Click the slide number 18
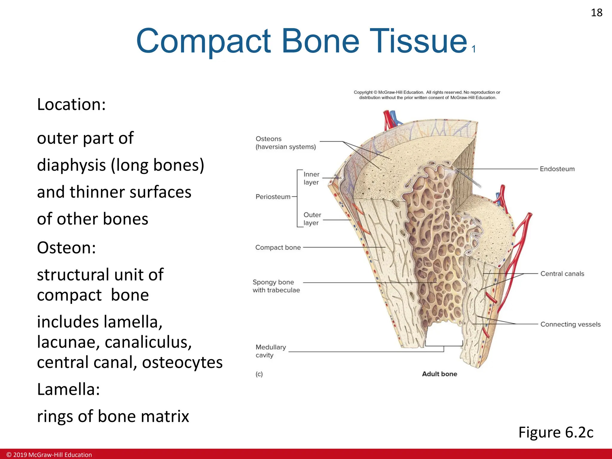[596, 13]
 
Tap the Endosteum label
[557, 169]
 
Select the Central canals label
[562, 274]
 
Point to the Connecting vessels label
[570, 324]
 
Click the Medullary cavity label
[270, 351]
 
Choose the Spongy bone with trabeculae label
[276, 286]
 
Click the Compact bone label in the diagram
[278, 247]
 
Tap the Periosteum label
[273, 197]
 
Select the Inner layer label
[311, 178]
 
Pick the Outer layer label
[312, 219]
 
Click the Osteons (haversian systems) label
[285, 143]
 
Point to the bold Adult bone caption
[439, 374]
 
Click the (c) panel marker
[259, 374]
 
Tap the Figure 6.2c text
[556, 432]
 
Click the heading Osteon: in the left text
[66, 248]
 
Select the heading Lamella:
[68, 389]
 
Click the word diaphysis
[71, 165]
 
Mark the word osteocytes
[182, 362]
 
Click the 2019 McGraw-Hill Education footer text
[49, 455]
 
